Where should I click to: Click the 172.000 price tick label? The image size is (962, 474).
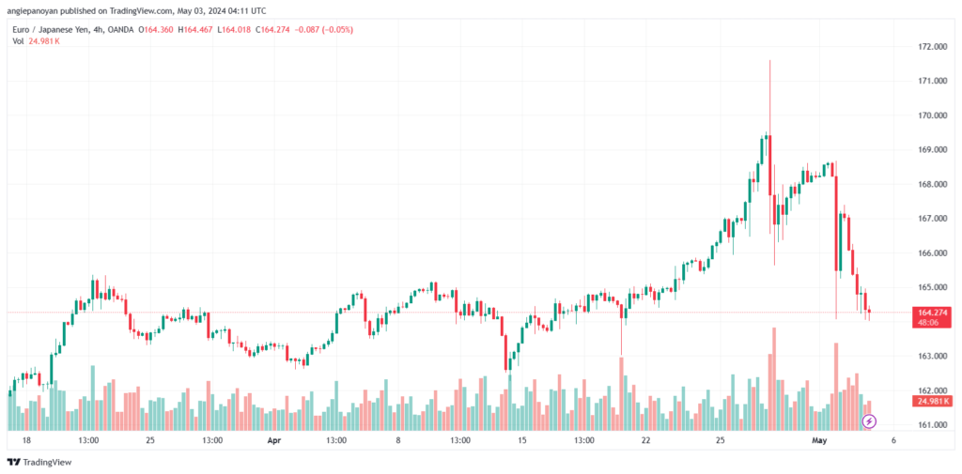(x=930, y=46)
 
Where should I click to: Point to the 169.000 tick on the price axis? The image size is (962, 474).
(x=930, y=149)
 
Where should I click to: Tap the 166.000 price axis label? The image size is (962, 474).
(x=930, y=253)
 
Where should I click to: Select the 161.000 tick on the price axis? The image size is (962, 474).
(x=930, y=425)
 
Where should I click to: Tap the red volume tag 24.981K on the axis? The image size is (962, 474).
(x=932, y=401)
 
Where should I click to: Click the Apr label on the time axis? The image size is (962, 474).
(x=273, y=439)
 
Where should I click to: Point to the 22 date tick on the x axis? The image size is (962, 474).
(x=646, y=439)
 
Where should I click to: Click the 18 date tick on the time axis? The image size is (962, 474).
(x=26, y=439)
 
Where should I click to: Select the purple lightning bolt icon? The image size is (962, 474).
(x=869, y=422)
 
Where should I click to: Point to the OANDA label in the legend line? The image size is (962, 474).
(x=122, y=29)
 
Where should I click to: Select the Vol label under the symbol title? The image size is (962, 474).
(x=17, y=41)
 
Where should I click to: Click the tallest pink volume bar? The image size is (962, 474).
(x=774, y=375)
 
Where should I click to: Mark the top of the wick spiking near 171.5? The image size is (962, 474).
(x=769, y=60)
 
